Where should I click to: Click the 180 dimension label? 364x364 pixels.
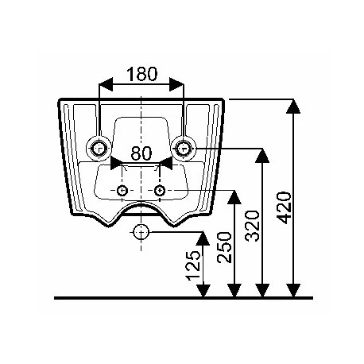[x=142, y=74]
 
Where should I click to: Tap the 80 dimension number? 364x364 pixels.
[x=141, y=153]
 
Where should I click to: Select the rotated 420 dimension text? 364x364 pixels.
[x=284, y=207]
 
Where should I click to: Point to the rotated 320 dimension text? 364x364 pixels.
[x=252, y=226]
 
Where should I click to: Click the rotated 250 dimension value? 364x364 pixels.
[x=224, y=247]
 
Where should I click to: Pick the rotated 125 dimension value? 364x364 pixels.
[x=193, y=265]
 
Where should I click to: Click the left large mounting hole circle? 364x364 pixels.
[x=99, y=149]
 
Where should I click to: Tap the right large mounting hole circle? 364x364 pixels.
[x=184, y=149]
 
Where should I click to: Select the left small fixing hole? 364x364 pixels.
[x=122, y=190]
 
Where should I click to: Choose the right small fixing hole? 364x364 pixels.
[x=160, y=190]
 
